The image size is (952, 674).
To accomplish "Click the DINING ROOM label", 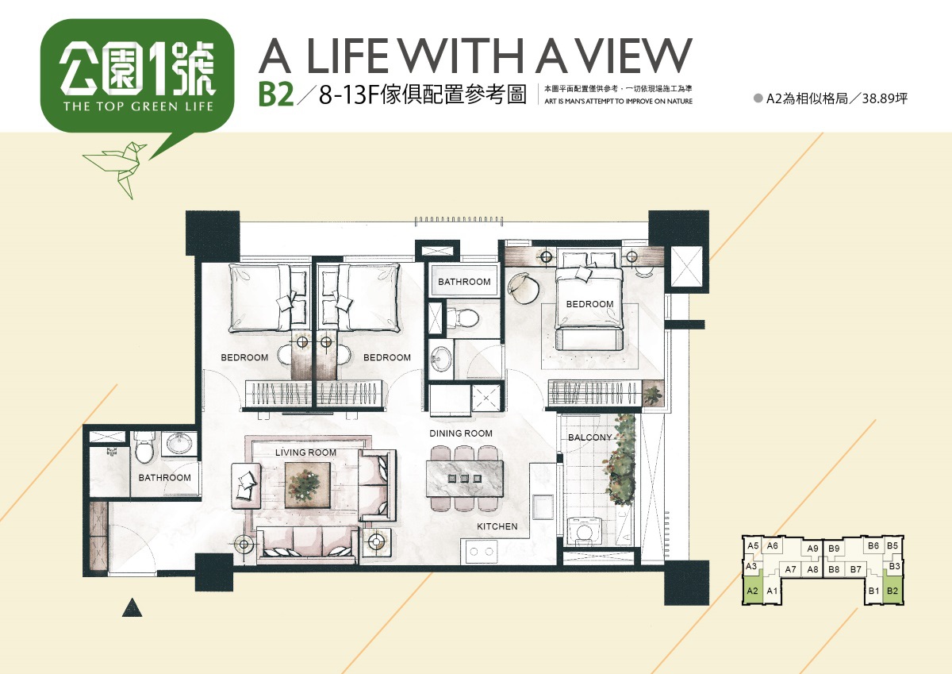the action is tap(461, 433).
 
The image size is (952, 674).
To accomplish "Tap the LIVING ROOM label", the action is tap(305, 453).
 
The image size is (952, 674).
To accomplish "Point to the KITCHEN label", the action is tap(497, 526).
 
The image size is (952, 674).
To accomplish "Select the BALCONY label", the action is tap(590, 437).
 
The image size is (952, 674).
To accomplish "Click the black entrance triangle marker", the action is tap(132, 608).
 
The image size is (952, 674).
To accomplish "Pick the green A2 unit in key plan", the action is tap(753, 590).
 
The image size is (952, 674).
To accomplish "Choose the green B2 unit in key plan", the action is tap(892, 590).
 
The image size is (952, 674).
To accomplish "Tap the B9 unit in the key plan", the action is tap(834, 549).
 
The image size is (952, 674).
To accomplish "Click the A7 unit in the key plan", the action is tap(790, 569).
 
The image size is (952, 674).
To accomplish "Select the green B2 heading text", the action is tap(276, 94).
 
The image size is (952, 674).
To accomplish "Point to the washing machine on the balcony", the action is tap(581, 532).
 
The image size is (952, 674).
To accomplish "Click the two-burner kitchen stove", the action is tap(480, 552).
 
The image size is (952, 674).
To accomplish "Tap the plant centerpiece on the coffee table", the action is tap(307, 485).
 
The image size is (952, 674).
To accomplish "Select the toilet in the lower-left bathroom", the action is tap(144, 448).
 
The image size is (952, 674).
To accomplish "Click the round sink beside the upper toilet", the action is tap(441, 359).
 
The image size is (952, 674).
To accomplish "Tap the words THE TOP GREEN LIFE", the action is tap(138, 106).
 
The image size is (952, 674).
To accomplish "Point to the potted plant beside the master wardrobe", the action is tap(652, 393).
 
